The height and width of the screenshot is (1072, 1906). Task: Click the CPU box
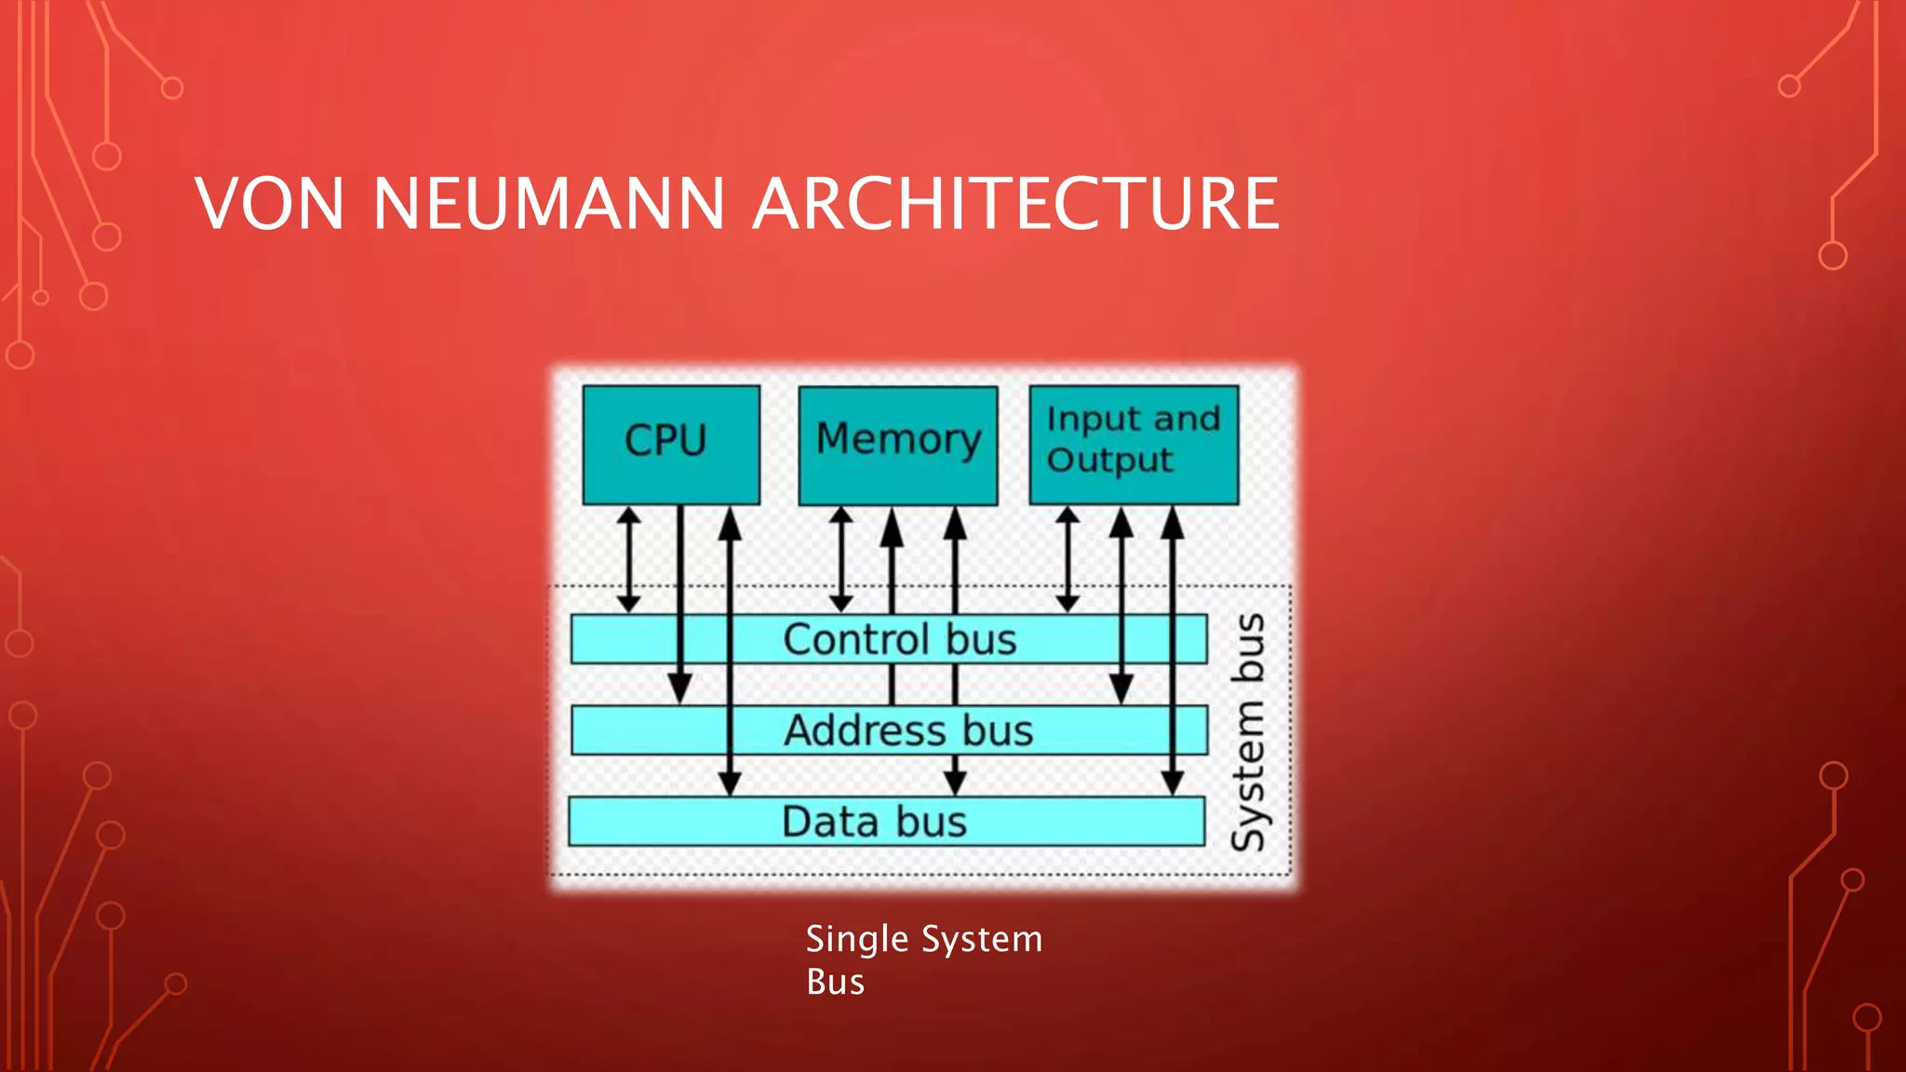[x=670, y=444]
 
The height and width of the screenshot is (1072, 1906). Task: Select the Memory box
[x=898, y=445]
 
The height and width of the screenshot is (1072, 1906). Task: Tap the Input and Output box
[x=1134, y=444]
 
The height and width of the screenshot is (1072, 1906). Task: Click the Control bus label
[x=899, y=639]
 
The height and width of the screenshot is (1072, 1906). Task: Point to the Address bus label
[x=908, y=730]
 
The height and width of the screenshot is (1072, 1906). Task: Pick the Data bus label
[x=874, y=822]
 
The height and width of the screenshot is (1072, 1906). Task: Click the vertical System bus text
[x=1248, y=732]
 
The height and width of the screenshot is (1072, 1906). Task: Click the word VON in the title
[x=270, y=204]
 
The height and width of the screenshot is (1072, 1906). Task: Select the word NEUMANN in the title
[x=548, y=204]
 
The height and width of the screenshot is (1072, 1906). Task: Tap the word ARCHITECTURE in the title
[x=1015, y=204]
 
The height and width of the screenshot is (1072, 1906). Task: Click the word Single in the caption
[x=856, y=939]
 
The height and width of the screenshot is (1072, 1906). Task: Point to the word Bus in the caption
[x=835, y=982]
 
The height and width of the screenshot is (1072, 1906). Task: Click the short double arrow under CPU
[x=629, y=558]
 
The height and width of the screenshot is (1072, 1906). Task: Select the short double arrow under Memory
[x=841, y=558]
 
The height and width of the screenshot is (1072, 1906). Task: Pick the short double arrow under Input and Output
[x=1067, y=558]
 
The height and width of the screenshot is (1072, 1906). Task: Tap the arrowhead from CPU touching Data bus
[x=731, y=783]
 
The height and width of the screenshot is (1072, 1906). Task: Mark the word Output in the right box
[x=1109, y=460]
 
